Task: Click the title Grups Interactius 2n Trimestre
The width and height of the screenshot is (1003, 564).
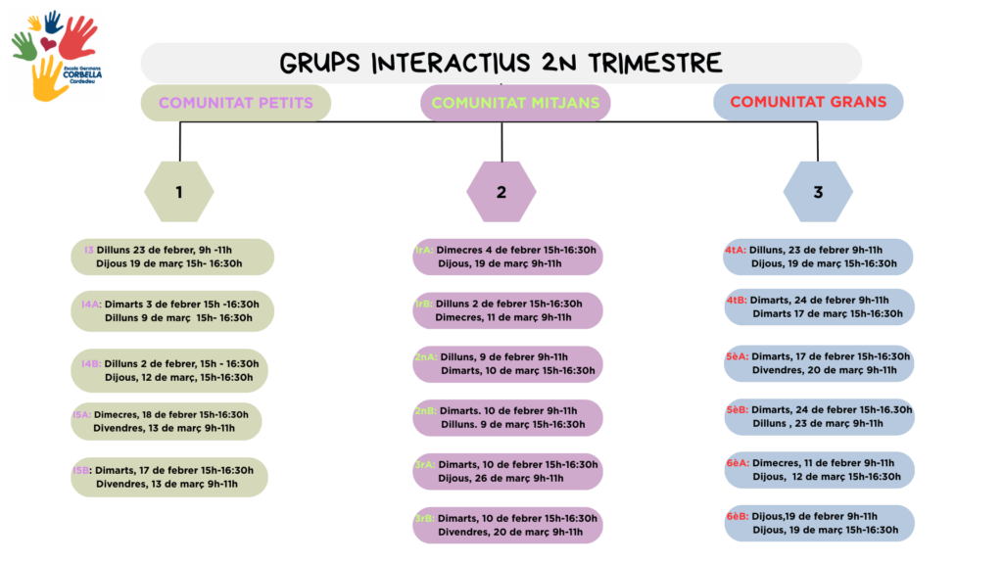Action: click(x=501, y=64)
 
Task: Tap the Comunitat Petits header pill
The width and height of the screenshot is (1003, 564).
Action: click(x=236, y=102)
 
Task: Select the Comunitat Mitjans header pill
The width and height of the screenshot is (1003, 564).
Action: click(x=515, y=102)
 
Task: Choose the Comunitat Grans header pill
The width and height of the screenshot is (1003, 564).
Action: click(x=807, y=102)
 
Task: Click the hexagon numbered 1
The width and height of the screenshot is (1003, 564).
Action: click(x=179, y=192)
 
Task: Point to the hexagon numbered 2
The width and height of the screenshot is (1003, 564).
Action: click(x=501, y=192)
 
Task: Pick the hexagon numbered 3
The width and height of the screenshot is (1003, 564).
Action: click(x=818, y=192)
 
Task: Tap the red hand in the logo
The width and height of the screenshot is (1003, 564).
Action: click(x=77, y=37)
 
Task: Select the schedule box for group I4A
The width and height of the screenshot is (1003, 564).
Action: click(x=172, y=310)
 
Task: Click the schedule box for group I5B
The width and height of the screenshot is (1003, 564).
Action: click(x=169, y=477)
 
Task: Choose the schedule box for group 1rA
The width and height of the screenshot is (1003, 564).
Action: click(x=507, y=257)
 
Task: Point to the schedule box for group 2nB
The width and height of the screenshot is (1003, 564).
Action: click(x=507, y=418)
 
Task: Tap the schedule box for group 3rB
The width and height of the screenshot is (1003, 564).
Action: click(x=507, y=525)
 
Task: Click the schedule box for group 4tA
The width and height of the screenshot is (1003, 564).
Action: click(x=819, y=257)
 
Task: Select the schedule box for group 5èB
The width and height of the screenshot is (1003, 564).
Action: click(x=819, y=417)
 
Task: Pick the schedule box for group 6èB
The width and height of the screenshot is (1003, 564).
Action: click(x=819, y=523)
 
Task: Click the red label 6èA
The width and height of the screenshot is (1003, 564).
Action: click(x=738, y=463)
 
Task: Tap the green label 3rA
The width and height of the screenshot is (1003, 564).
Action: click(x=424, y=464)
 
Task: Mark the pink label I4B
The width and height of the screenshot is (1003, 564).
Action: click(x=91, y=364)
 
